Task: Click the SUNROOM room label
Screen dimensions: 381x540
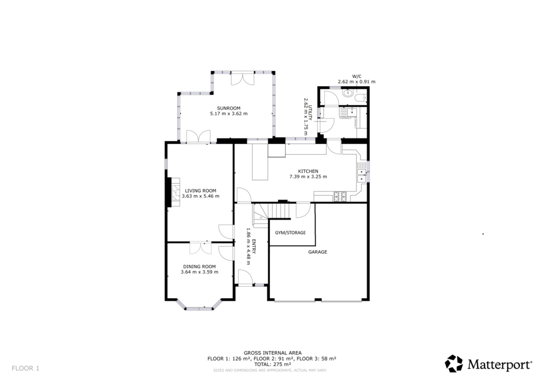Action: [x=228, y=108]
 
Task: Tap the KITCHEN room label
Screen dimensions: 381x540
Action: [x=308, y=171]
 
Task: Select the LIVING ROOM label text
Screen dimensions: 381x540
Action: [x=200, y=190]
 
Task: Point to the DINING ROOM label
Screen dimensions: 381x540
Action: [x=199, y=266]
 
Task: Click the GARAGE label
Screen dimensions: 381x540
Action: [x=318, y=252]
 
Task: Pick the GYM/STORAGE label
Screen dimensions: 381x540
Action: [x=291, y=233]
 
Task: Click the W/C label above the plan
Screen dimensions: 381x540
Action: [x=356, y=75]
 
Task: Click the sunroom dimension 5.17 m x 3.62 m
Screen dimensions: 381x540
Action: [x=228, y=114]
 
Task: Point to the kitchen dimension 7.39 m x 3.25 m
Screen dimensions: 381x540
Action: [x=308, y=177]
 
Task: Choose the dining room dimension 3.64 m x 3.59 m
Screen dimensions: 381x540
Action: [x=199, y=272]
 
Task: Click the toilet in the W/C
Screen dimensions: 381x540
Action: [x=360, y=98]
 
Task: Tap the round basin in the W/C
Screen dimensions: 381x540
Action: [x=348, y=94]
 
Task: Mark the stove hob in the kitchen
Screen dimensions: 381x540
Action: [x=341, y=197]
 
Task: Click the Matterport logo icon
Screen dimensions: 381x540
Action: [x=454, y=363]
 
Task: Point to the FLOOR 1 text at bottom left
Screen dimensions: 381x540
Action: [x=26, y=368]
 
